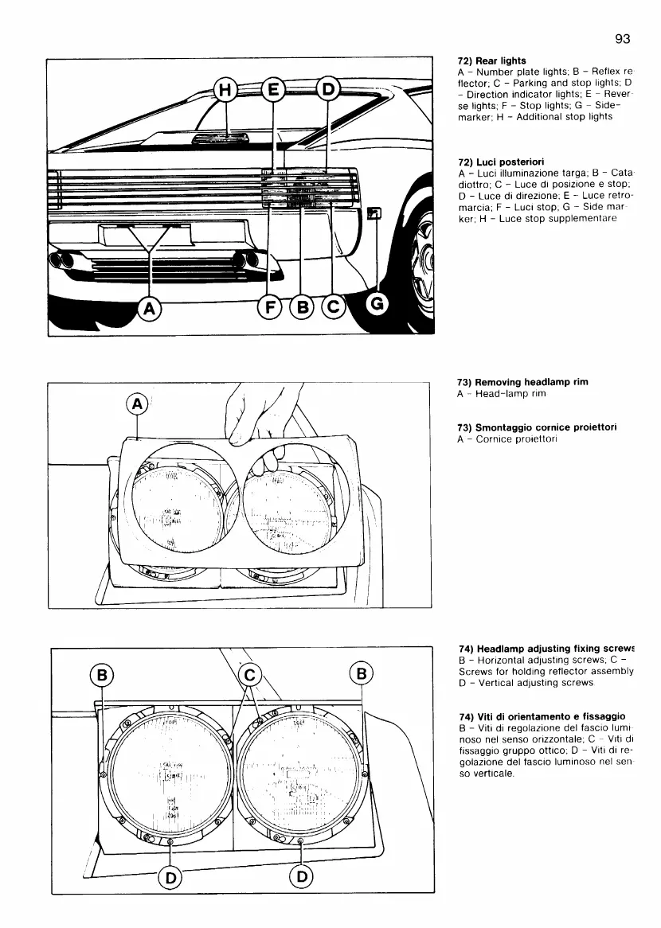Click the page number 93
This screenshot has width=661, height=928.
click(623, 37)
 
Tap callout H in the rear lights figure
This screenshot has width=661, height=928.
click(225, 92)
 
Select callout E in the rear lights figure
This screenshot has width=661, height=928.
click(273, 92)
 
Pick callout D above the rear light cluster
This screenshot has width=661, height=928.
click(327, 91)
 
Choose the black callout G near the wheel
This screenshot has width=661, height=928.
click(376, 302)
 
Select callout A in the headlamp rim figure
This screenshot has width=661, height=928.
click(138, 405)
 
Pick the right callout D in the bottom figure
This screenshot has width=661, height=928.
click(301, 876)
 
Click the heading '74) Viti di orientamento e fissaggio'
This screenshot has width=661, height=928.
click(541, 717)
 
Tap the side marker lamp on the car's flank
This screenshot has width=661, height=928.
click(374, 213)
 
